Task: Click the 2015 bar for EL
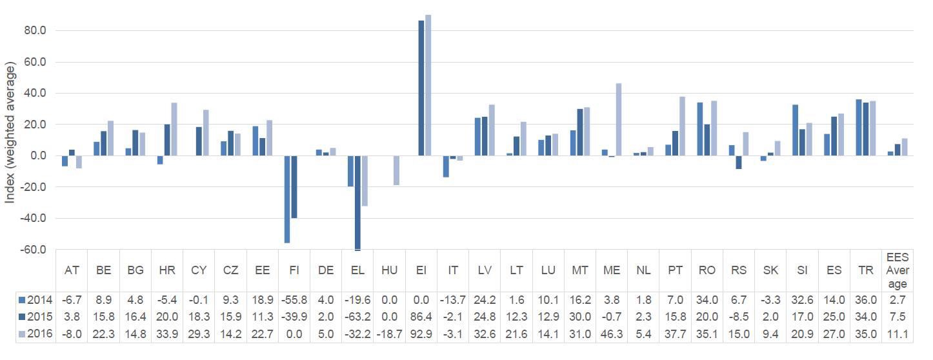click(x=357, y=203)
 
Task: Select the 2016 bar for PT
click(x=682, y=126)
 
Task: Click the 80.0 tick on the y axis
click(x=33, y=31)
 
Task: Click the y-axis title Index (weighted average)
click(x=10, y=133)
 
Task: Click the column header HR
click(x=167, y=270)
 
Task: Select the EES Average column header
click(x=898, y=270)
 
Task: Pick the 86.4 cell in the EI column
click(x=421, y=317)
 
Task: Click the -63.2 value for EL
click(x=357, y=317)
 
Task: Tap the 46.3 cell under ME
click(x=611, y=334)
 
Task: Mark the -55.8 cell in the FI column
click(x=294, y=300)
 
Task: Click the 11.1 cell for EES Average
click(x=898, y=334)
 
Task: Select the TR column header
click(x=866, y=270)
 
